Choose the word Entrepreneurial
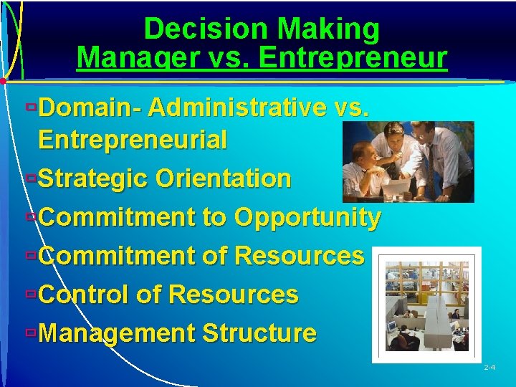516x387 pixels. (x=133, y=140)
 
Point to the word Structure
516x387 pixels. (x=259, y=333)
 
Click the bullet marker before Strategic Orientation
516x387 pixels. (x=29, y=177)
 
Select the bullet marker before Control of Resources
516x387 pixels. (x=29, y=293)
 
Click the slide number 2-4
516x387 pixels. (x=489, y=368)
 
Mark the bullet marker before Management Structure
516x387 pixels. (x=29, y=332)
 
